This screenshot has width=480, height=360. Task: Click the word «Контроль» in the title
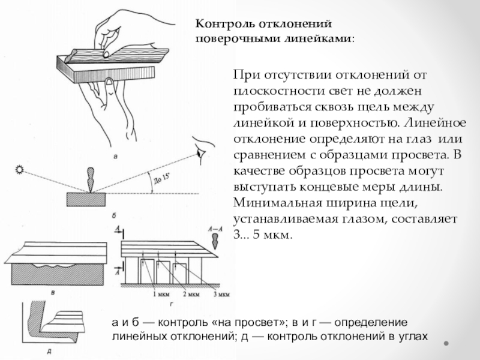click(x=225, y=24)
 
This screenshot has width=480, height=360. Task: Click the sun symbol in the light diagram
click(x=20, y=170)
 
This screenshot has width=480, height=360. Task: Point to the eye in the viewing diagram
click(x=201, y=153)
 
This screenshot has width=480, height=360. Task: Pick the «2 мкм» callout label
click(x=191, y=295)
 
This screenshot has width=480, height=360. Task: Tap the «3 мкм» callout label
click(x=221, y=295)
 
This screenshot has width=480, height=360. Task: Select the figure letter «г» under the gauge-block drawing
click(x=171, y=305)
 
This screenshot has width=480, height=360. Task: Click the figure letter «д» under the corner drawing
click(x=49, y=352)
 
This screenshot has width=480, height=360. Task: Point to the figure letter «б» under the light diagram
click(x=114, y=216)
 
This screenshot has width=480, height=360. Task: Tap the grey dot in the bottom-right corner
click(x=446, y=343)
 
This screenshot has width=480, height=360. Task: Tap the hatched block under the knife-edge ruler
click(x=86, y=200)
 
